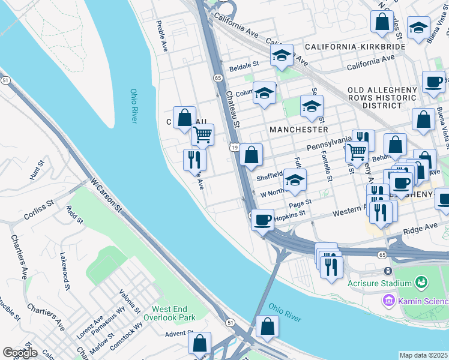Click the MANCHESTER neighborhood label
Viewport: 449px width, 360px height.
coord(298,129)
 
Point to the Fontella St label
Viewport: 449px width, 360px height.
coord(329,166)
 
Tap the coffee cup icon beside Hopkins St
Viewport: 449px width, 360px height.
coord(262,220)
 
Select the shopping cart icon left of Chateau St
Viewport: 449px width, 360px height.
coord(202,134)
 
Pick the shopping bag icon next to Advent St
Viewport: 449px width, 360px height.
coord(199,343)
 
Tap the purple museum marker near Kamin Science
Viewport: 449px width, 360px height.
coord(389,299)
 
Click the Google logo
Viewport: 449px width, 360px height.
coord(20,353)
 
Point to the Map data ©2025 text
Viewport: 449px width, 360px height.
coord(423,355)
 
